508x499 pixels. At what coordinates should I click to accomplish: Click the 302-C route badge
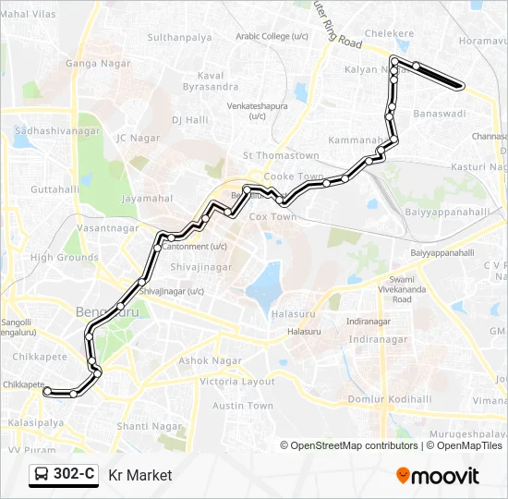pos(64,475)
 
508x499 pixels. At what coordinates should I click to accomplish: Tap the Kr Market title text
pos(140,476)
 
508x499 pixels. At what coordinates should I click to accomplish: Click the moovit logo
pos(438,475)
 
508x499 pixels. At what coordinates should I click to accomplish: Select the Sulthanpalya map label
pos(180,38)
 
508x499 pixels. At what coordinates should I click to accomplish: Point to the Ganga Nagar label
pos(94,64)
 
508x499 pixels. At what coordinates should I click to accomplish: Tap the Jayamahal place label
pos(147,198)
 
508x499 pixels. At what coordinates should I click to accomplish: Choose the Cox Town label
pos(272,216)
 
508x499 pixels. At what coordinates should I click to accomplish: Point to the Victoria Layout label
pos(237,382)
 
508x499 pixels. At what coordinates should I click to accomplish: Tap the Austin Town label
pos(243,406)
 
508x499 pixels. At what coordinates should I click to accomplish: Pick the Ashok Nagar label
pos(210,360)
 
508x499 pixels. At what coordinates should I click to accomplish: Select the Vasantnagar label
pos(108,227)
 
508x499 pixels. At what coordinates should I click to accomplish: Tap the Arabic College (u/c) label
pos(272,36)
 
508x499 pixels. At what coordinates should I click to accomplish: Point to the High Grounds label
pos(65,258)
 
